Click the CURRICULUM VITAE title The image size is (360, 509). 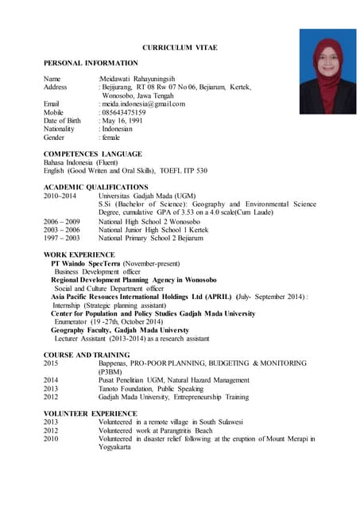(x=180, y=48)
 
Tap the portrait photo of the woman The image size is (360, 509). (x=327, y=72)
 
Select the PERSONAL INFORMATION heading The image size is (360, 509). (x=90, y=63)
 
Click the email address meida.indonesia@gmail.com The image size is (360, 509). (x=143, y=104)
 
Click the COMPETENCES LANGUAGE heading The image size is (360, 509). (x=92, y=153)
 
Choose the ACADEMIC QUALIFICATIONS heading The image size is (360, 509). (x=95, y=187)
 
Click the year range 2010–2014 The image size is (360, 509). (x=60, y=195)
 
